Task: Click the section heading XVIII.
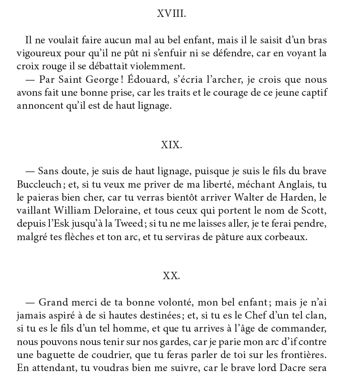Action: pos(171,14)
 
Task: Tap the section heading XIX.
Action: pos(171,145)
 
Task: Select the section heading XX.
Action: pos(171,276)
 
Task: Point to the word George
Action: pos(90,80)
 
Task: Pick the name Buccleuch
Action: pos(39,185)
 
